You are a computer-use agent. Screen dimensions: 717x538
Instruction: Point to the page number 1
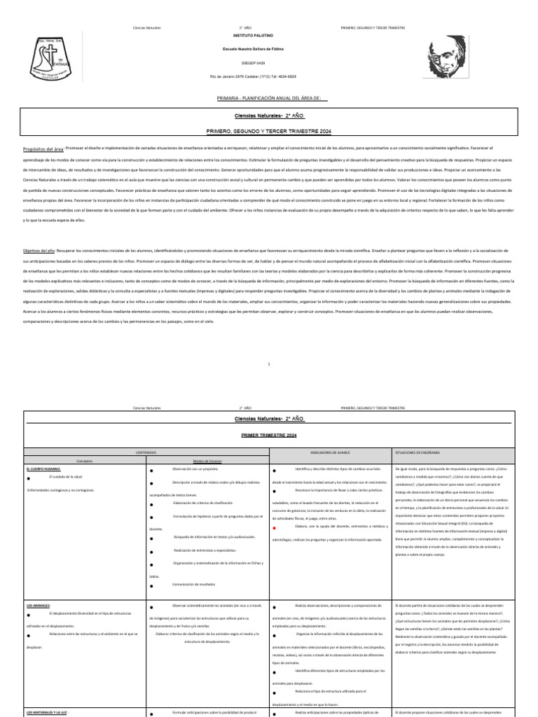269,364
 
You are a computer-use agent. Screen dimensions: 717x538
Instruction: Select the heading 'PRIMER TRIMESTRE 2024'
269,436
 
